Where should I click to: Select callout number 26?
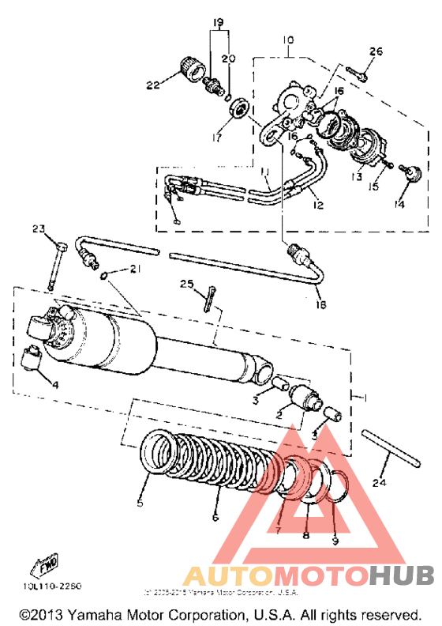point(376,52)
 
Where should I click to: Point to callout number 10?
point(287,40)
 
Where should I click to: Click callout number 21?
point(135,270)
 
